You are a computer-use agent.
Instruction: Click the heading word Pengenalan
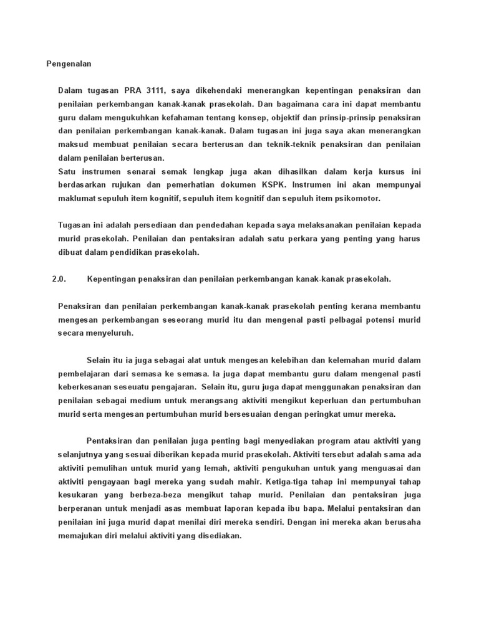coord(69,64)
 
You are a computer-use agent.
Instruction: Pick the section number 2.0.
coord(59,280)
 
